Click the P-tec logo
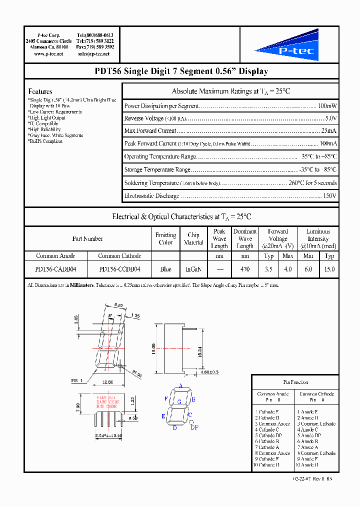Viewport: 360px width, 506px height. coord(287,45)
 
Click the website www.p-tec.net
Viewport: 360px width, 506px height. coord(48,53)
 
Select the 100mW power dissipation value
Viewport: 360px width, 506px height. coord(327,106)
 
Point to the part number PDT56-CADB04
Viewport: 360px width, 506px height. coord(55,269)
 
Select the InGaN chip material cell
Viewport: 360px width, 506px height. coord(193,269)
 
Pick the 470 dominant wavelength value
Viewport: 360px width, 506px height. coord(245,269)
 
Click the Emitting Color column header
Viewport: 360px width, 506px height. coord(165,238)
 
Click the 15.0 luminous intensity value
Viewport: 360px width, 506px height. coord(329,269)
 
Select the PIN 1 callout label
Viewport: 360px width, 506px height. coord(77,381)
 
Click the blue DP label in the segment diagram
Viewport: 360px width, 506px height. coord(194,427)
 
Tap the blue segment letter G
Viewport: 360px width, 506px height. coord(179,401)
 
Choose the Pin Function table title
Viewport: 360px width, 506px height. coord(295,382)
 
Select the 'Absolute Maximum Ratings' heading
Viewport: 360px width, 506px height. coord(230,91)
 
